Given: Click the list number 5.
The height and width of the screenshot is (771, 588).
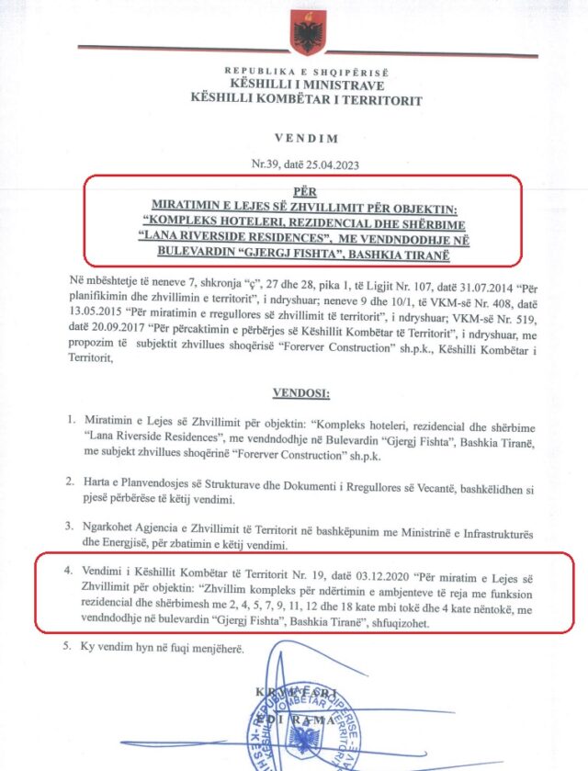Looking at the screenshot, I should click(x=70, y=647).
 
